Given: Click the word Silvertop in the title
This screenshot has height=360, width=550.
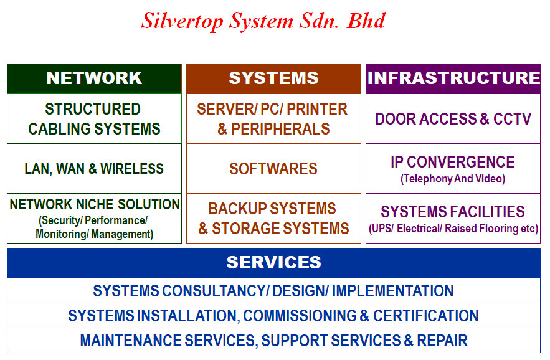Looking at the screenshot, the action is (x=182, y=21).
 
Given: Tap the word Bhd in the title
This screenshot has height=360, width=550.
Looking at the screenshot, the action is (x=366, y=21).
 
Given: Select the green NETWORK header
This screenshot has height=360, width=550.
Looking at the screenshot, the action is (x=94, y=78).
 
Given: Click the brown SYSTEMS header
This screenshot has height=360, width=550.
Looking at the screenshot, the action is (x=273, y=78).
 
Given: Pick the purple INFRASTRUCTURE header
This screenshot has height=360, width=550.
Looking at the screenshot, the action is (x=453, y=78).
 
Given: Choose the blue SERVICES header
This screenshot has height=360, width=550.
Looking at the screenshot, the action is (x=273, y=263).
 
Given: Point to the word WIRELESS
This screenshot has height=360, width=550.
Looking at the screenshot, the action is (x=132, y=169).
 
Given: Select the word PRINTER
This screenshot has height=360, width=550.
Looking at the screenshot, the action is (x=317, y=109).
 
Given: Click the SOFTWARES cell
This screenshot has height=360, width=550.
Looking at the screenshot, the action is (x=273, y=169).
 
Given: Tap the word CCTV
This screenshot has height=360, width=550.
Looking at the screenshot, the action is (x=512, y=119).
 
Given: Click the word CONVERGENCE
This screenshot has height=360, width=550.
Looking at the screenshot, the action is (x=461, y=162).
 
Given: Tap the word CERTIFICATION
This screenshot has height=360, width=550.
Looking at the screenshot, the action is (x=426, y=316).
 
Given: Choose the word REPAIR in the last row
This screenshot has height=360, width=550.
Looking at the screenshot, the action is (x=442, y=341).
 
